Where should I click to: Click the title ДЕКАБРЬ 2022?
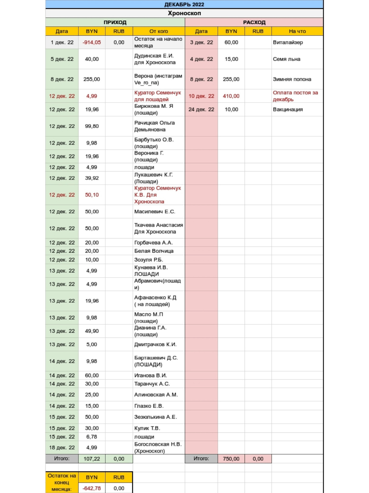[184, 4]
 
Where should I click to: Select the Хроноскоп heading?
[184, 13]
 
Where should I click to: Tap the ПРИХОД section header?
[115, 22]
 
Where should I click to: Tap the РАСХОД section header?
[254, 22]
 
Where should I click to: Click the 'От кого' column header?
[159, 31]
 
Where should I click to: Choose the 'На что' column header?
[297, 31]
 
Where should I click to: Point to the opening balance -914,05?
[92, 42]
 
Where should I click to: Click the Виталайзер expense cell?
[288, 42]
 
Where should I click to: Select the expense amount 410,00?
[231, 96]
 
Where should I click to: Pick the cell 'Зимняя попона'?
[292, 79]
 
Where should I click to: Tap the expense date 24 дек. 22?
[201, 109]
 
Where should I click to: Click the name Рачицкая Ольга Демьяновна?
[155, 126]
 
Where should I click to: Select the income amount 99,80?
[92, 126]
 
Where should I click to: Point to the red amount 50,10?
[92, 195]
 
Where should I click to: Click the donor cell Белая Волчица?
[154, 251]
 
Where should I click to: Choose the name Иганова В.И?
[150, 375]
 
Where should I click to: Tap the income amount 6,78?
[92, 437]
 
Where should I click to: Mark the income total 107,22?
[92, 459]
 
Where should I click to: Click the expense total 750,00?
[231, 459]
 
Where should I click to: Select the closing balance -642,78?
[92, 488]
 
